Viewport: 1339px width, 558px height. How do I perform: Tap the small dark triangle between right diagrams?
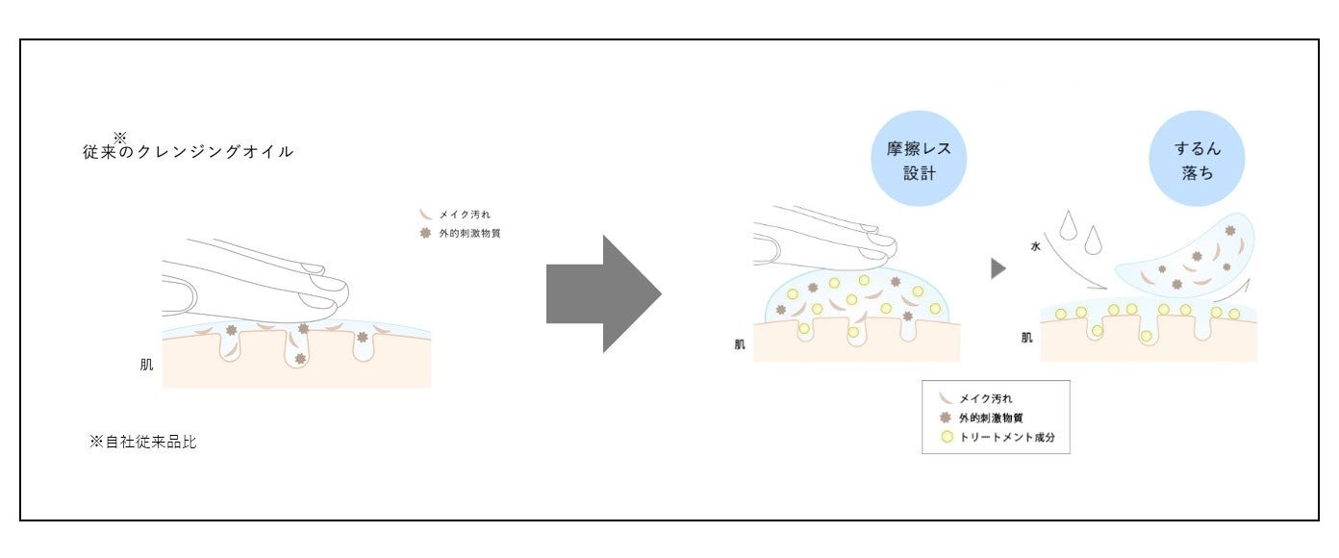click(x=998, y=268)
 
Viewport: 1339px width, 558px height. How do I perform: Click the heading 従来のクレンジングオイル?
click(x=189, y=152)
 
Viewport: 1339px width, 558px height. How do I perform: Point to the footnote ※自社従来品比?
click(x=143, y=443)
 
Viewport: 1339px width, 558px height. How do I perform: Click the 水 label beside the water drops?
click(x=1035, y=247)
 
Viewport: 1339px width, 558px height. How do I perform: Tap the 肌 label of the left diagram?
click(x=146, y=366)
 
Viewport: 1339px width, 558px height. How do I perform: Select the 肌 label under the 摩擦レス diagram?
click(x=739, y=343)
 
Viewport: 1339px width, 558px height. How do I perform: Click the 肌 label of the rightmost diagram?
click(x=1027, y=338)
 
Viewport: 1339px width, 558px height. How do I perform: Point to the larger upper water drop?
click(x=1066, y=223)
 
